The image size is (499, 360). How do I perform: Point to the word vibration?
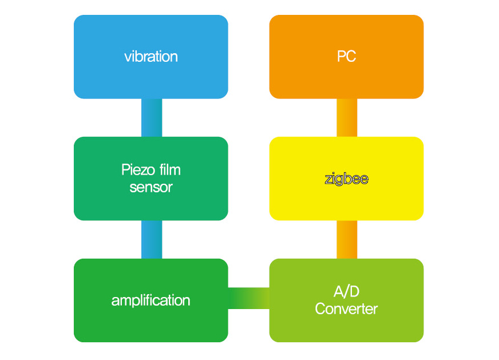pyautogui.click(x=151, y=57)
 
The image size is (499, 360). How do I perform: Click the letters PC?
pyautogui.click(x=346, y=57)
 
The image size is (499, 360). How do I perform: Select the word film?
pyautogui.click(x=170, y=170)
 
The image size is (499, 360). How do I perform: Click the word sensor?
pyautogui.click(x=151, y=187)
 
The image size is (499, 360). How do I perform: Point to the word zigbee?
pyautogui.click(x=346, y=179)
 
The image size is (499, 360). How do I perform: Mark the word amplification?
pyautogui.click(x=151, y=300)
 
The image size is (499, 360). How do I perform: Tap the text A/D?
pyautogui.click(x=346, y=292)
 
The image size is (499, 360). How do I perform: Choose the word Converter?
pyautogui.click(x=346, y=309)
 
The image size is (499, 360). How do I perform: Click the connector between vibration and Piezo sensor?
pyautogui.click(x=152, y=118)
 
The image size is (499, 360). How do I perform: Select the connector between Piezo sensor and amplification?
pyautogui.click(x=152, y=239)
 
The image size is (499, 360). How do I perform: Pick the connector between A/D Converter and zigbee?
pyautogui.click(x=347, y=239)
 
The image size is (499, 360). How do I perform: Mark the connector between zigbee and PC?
pyautogui.click(x=347, y=118)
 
